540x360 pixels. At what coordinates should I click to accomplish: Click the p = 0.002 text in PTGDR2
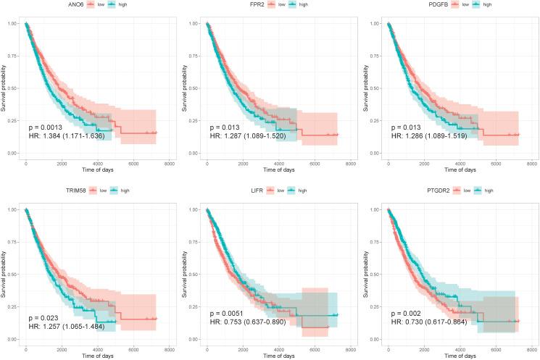[x=406, y=317]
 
